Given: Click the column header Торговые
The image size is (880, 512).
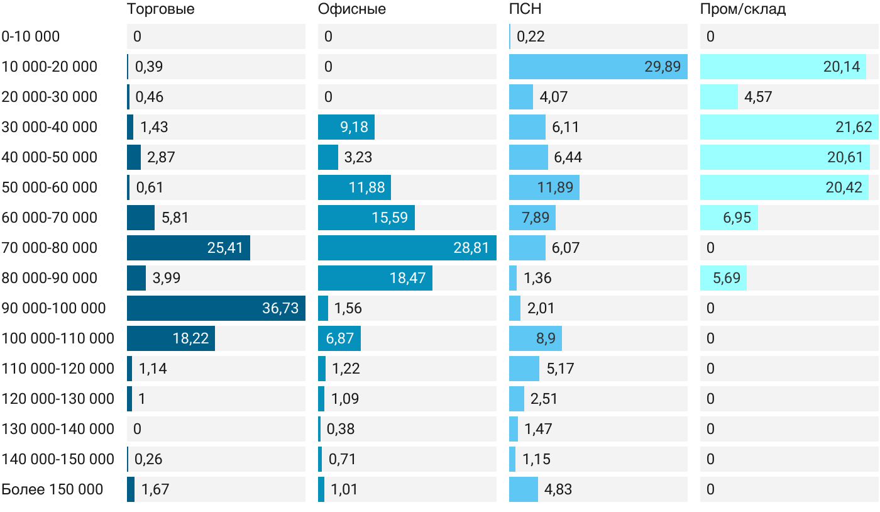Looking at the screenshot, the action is click(160, 9).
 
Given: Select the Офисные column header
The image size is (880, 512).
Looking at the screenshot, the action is click(351, 9).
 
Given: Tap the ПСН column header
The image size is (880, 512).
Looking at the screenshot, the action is click(525, 9).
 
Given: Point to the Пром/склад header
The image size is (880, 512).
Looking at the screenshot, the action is click(742, 9).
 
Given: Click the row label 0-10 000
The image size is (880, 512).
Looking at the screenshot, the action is click(31, 36).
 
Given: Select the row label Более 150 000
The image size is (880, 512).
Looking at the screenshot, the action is click(52, 489).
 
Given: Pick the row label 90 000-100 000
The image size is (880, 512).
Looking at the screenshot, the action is click(53, 308).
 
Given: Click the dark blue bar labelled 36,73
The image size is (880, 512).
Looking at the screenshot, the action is click(216, 308).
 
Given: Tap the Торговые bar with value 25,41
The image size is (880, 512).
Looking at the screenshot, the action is click(189, 248).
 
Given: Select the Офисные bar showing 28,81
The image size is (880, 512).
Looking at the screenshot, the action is click(407, 248).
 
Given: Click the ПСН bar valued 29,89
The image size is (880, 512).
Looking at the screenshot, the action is click(598, 67).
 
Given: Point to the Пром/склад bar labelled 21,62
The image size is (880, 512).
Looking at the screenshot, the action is click(789, 127).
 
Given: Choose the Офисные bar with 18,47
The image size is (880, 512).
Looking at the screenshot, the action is click(375, 278).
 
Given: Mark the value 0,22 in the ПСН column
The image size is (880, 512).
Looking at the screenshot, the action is click(531, 36).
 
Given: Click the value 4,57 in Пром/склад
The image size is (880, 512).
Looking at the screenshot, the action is click(758, 97).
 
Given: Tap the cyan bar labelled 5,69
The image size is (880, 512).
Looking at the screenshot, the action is click(723, 278).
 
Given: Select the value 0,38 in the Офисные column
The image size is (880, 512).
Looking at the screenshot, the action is click(341, 428).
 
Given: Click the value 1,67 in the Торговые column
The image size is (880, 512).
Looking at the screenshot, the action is click(155, 489).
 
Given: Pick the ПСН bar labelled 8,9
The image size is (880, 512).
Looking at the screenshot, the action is click(536, 338).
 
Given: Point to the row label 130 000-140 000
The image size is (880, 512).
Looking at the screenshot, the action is click(58, 428).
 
